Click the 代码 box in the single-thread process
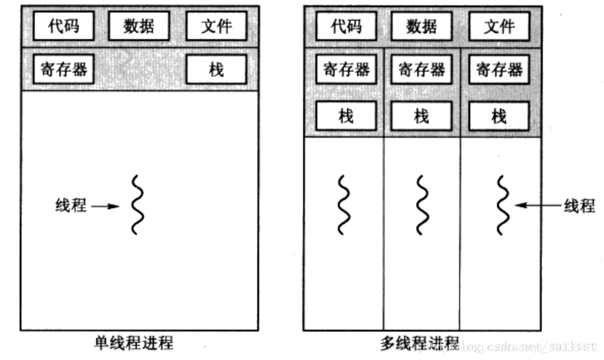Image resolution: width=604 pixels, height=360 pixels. [x=64, y=27]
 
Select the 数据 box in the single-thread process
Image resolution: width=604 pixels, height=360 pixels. [x=139, y=27]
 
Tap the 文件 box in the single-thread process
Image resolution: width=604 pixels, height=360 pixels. [x=217, y=27]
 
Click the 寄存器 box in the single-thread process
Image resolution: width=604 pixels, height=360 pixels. [x=64, y=69]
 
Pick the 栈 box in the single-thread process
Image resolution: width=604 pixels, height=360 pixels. [x=217, y=69]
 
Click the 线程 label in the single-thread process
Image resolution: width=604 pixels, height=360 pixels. [x=71, y=205]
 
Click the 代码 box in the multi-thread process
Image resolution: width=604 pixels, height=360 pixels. [x=346, y=27]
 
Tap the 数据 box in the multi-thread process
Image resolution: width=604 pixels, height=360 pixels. [x=422, y=27]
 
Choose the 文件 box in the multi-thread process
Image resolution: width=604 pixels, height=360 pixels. [x=499, y=27]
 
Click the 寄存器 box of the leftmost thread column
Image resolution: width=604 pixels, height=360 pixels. [x=346, y=69]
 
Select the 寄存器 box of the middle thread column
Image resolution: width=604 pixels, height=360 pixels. [x=422, y=69]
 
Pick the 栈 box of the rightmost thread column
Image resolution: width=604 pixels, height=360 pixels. [x=499, y=116]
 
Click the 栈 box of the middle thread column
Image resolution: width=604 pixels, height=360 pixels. [x=422, y=116]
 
